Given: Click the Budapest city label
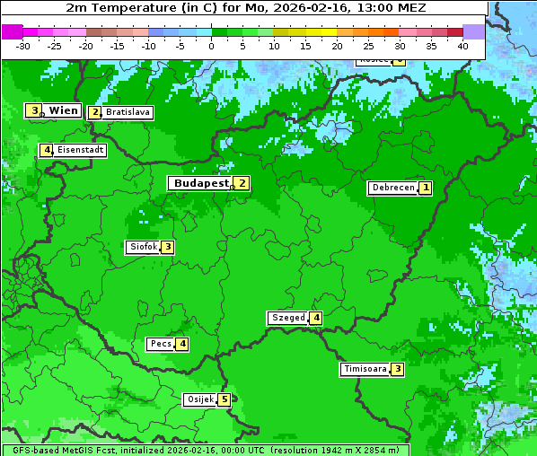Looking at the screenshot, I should [201, 183].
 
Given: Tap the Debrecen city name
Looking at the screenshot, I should [392, 189].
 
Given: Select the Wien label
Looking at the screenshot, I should [63, 110].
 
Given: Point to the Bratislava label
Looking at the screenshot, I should [127, 113].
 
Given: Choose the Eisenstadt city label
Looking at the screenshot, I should [80, 150].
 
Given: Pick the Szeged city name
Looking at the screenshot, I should [287, 318].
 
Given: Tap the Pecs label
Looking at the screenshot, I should [161, 344].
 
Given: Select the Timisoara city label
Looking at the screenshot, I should [365, 369].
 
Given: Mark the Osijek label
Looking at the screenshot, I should [199, 399].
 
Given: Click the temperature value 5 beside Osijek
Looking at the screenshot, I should [224, 399].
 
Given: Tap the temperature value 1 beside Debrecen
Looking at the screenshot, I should [426, 188].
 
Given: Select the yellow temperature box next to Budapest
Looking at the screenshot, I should [242, 182].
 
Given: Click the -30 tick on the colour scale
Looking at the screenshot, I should [23, 46].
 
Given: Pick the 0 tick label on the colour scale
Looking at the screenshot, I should [212, 46].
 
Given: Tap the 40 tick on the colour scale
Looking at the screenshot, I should [462, 46].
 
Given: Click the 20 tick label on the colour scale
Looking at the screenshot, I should [337, 46].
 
